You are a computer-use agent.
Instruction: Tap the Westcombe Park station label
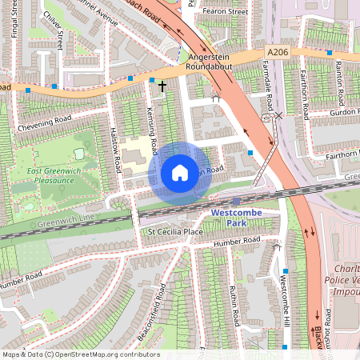(x=237, y=218)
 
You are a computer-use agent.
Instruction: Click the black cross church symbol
(x=162, y=86)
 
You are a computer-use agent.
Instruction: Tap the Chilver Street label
(x=53, y=19)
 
